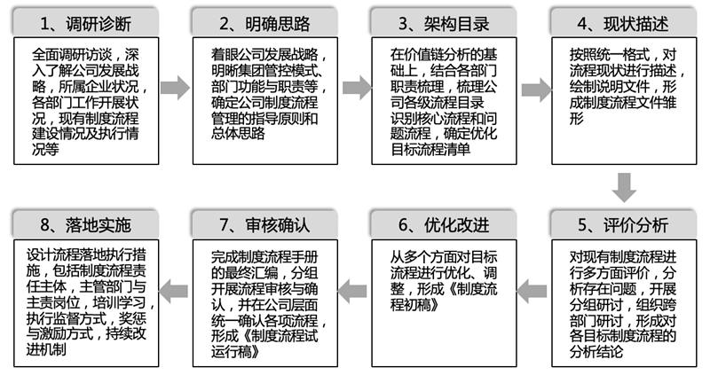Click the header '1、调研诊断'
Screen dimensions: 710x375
click(86, 24)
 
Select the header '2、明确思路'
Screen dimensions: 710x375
click(264, 24)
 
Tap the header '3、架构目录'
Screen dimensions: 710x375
click(444, 24)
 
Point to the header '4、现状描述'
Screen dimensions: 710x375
click(623, 24)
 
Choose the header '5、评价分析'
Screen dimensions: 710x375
click(623, 225)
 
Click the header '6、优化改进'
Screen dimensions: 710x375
click(444, 225)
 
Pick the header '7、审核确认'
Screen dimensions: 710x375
click(264, 225)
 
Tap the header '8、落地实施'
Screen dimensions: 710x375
click(86, 225)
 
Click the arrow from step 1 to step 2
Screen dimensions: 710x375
click(175, 88)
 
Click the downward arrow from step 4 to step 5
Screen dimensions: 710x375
click(624, 187)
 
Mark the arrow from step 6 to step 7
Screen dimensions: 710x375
click(352, 292)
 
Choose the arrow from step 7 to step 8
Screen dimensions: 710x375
click(173, 292)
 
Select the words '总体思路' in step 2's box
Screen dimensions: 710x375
click(238, 134)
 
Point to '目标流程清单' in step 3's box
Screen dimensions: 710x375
click(430, 149)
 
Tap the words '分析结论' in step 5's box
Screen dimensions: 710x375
click(596, 351)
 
